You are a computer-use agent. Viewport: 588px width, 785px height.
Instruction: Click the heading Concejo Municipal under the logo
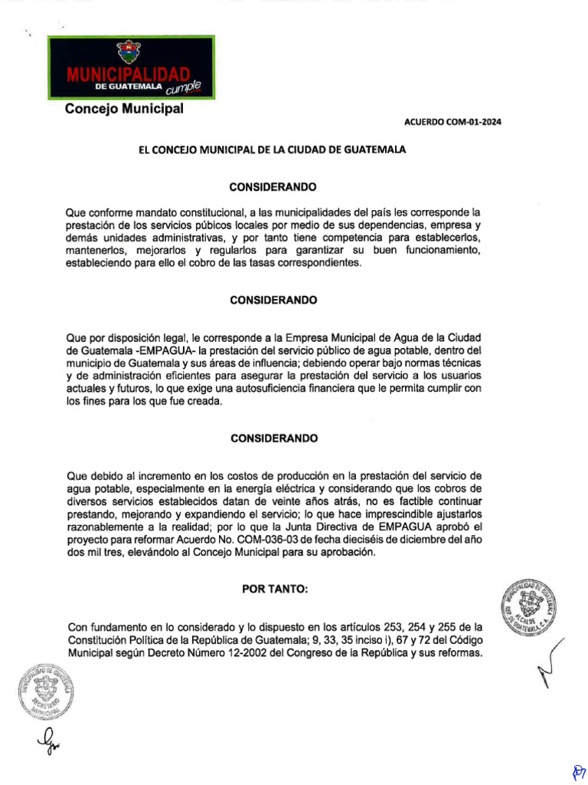124,109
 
